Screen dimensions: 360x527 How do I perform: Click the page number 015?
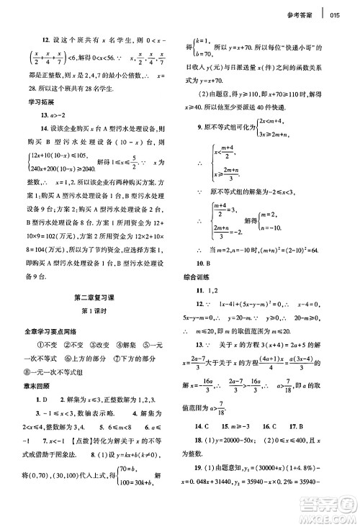(x=336, y=15)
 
